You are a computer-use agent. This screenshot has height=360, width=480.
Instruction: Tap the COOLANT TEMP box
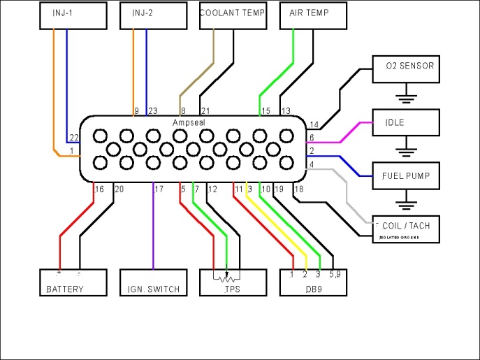pyautogui.click(x=233, y=15)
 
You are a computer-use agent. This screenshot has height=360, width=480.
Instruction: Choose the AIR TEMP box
pyautogui.click(x=313, y=15)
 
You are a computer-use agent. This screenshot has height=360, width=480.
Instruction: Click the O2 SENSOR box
pyautogui.click(x=406, y=67)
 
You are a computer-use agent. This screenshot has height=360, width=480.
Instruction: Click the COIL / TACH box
pyautogui.click(x=406, y=229)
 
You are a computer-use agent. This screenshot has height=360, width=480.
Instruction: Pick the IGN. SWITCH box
pyautogui.click(x=152, y=282)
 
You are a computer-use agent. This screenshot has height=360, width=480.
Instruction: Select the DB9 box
pyautogui.click(x=313, y=282)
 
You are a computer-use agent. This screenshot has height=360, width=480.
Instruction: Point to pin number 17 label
pyautogui.click(x=159, y=189)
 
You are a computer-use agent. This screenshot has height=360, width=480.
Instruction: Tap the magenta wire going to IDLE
pyautogui.click(x=342, y=131)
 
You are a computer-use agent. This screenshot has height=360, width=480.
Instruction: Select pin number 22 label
pyautogui.click(x=73, y=138)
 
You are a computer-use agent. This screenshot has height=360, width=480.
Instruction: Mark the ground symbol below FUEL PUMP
pyautogui.click(x=406, y=204)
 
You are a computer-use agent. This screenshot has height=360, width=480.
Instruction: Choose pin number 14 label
pyautogui.click(x=313, y=124)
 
